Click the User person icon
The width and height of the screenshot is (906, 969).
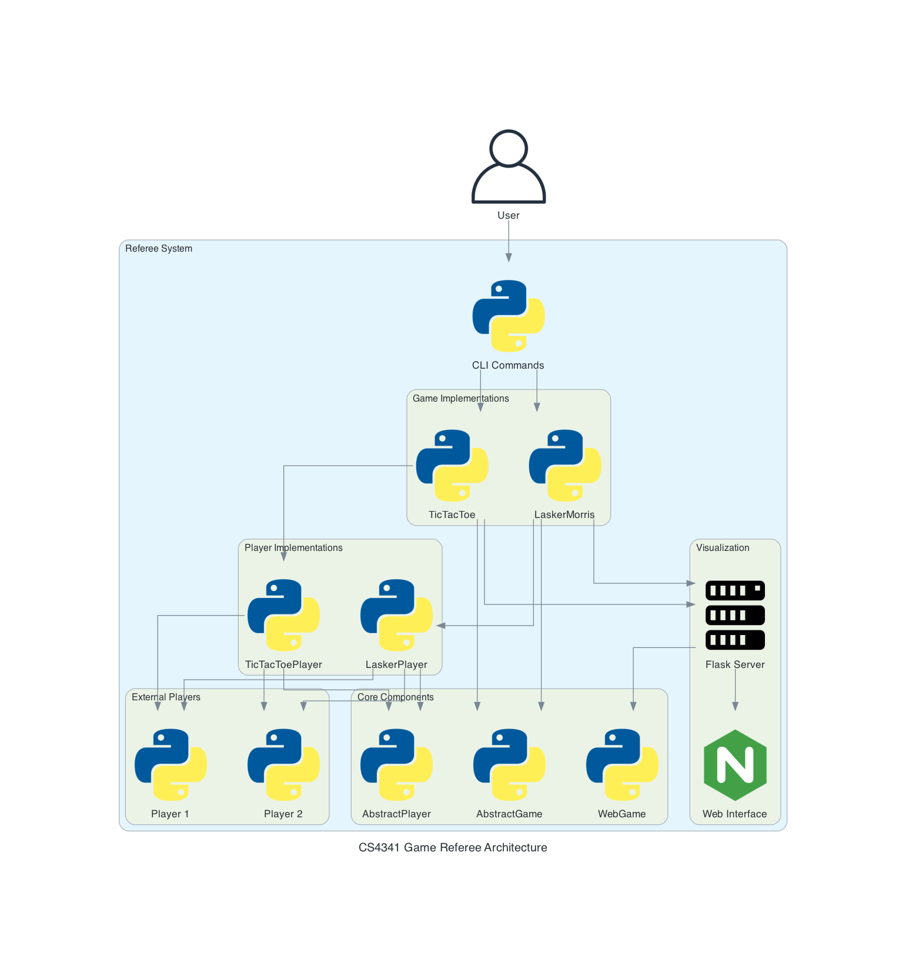click(509, 167)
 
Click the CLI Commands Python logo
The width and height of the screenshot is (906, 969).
click(509, 316)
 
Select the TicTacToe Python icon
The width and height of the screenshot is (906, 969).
click(452, 466)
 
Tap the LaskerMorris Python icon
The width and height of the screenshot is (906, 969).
click(564, 466)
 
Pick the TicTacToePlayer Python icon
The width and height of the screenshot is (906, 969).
click(283, 615)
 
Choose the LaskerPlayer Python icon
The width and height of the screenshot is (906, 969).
click(396, 615)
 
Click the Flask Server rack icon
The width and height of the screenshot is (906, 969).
click(735, 615)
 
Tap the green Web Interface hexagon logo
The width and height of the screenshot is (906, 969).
click(735, 765)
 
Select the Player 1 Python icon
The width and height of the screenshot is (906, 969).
click(170, 765)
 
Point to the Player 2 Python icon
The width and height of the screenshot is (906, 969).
click(283, 765)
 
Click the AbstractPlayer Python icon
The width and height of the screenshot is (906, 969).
click(396, 765)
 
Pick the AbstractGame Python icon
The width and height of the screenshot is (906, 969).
click(509, 765)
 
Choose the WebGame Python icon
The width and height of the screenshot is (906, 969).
click(622, 765)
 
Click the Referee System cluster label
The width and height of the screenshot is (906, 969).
click(159, 249)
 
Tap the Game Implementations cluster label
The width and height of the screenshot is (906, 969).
click(460, 399)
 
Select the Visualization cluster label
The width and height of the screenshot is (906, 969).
click(723, 548)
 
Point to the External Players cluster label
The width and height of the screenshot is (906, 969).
click(166, 697)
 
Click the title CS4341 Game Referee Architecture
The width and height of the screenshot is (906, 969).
click(453, 847)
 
